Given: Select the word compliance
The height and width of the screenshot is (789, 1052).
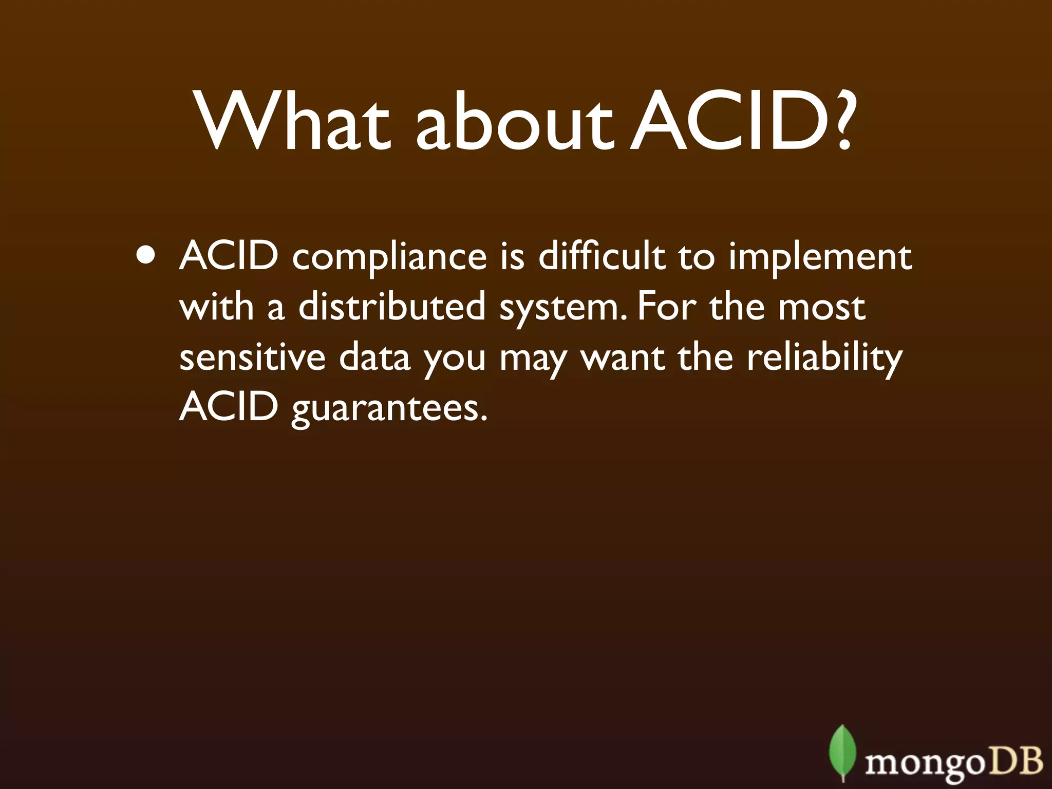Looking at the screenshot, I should point(389,257).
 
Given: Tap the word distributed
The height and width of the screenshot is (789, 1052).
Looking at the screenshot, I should point(392,307).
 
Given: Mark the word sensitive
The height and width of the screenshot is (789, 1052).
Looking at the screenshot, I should point(252,357).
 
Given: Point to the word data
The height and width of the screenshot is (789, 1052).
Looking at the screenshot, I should point(374,357).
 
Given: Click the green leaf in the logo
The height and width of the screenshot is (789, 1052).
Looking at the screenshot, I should point(842,752).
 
